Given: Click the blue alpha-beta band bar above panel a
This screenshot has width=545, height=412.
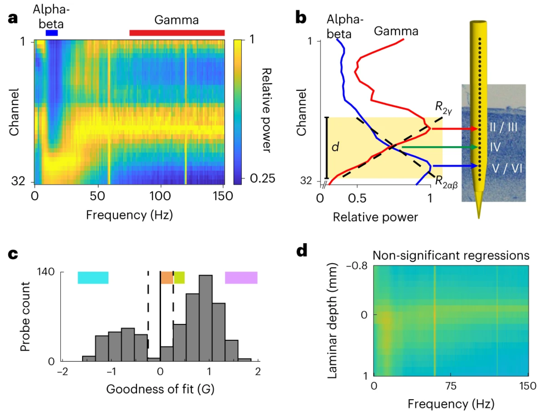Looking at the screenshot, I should point(52,33).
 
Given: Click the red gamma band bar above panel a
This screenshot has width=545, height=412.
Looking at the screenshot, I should point(177,33).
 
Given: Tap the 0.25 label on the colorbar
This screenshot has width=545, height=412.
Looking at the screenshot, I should point(262,178).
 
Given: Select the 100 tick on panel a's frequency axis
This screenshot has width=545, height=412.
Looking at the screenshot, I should point(160,196).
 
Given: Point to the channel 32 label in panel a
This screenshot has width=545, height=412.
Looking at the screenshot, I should point(18,181).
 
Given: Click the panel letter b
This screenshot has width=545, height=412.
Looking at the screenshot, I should point(301,17).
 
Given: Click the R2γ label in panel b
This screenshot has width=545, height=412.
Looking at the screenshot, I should point(443,107).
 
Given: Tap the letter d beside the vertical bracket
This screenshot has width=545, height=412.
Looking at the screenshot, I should point(335,147).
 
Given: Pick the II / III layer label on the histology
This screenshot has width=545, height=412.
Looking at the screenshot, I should point(504,127).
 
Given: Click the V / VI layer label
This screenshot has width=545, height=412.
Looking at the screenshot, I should point(507,168).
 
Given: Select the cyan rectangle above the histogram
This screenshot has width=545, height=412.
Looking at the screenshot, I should point(93,278).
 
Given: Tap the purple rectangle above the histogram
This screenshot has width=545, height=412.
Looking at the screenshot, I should point(241,278).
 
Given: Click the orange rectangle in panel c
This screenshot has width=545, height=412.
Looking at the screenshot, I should point(167,278).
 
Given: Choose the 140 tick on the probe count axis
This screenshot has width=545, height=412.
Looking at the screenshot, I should point(45,271).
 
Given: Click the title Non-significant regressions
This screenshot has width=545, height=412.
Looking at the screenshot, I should point(451,255).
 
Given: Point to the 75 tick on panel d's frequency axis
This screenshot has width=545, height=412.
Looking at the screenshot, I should point(451,386).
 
